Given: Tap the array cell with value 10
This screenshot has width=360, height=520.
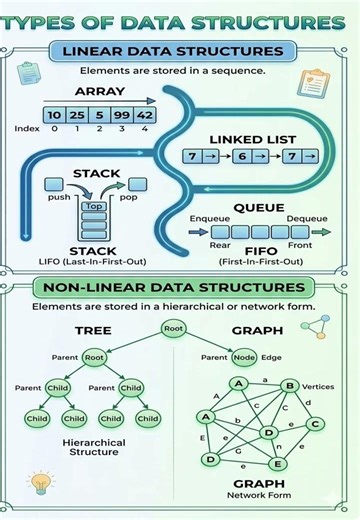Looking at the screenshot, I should tap(54, 115).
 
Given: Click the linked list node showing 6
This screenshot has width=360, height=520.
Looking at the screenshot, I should tap(241, 157).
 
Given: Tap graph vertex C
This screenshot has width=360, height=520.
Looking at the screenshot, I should tap(315, 424).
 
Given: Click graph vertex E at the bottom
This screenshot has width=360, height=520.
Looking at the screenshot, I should tap(278, 464).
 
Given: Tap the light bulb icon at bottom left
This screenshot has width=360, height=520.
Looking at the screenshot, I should tap(40, 483).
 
